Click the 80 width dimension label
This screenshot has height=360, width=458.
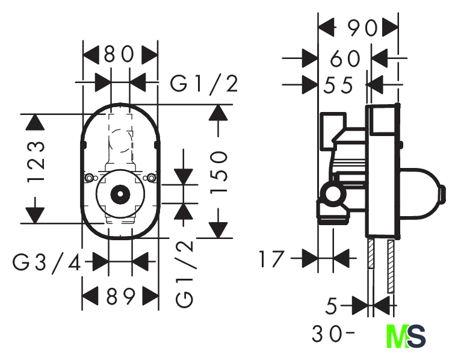coord(119,55)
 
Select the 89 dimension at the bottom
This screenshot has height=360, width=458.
coord(120,296)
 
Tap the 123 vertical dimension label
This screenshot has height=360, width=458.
coord(36,163)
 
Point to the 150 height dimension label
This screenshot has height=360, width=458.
coord(218,172)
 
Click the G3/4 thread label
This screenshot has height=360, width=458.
coord(47,263)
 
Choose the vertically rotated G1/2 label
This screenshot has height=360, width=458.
coord(185,274)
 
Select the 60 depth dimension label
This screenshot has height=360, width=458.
coord(345,58)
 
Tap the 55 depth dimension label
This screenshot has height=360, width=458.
coord(338,85)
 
